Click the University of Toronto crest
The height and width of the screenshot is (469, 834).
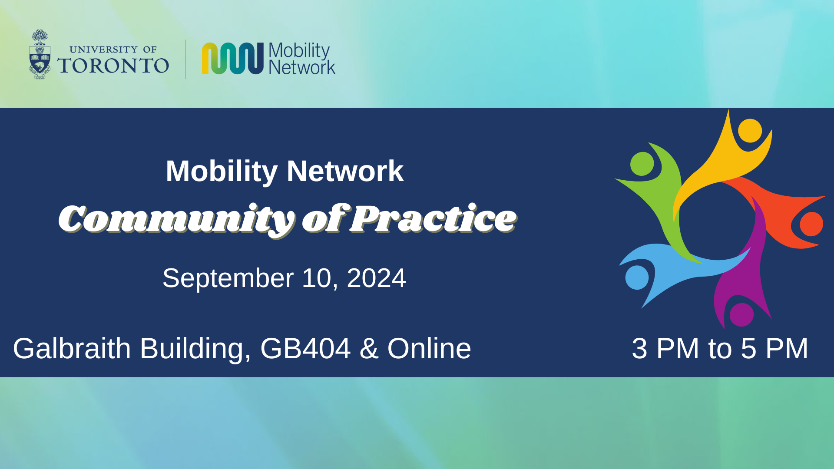click(40, 54)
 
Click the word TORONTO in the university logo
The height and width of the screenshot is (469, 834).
click(113, 66)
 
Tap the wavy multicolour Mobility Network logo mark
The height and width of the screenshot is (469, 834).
click(233, 58)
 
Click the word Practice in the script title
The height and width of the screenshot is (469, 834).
click(434, 218)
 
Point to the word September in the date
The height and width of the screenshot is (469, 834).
click(228, 278)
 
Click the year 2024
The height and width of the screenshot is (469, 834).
click(376, 278)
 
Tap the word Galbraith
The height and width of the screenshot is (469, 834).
click(72, 348)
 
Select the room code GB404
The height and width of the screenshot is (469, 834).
click(305, 348)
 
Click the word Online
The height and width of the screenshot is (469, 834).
click(429, 348)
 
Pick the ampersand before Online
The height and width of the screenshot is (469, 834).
click(369, 349)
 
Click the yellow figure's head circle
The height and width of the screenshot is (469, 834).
click(750, 130)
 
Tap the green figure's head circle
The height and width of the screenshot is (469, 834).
click(642, 164)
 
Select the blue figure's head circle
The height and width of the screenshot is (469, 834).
click(637, 277)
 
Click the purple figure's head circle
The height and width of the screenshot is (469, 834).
click(741, 314)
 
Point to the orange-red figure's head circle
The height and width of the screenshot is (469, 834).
click(811, 224)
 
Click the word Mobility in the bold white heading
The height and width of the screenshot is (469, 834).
click(222, 172)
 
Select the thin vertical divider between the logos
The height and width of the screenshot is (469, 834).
click(185, 59)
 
